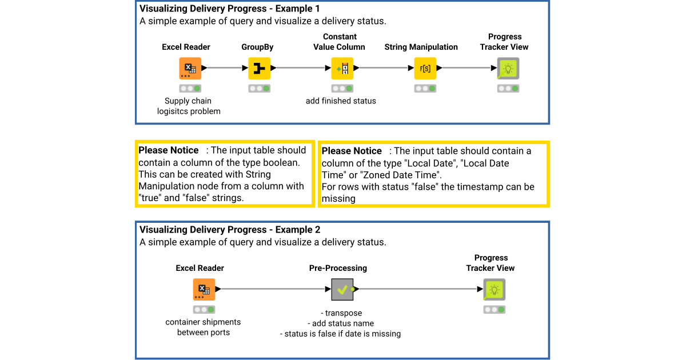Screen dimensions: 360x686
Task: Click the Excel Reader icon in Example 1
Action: pos(190,69)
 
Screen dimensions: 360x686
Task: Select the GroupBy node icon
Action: pos(259,69)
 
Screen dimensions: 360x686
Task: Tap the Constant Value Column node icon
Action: pos(342,69)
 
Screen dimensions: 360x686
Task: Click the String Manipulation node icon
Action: pos(425,69)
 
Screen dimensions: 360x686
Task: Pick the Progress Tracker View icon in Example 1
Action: pos(508,69)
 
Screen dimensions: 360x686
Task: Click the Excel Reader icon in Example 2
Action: pos(204,289)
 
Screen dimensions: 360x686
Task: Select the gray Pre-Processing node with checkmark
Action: pos(342,289)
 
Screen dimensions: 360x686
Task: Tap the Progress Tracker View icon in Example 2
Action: pos(494,289)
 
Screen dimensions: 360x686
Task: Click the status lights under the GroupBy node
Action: pos(259,89)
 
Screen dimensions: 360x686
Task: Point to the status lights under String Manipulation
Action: pos(425,89)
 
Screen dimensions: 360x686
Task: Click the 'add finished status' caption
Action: pos(341,101)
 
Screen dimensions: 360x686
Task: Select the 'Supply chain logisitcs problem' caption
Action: pos(189,106)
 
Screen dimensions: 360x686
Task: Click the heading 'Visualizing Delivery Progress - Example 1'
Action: pos(230,9)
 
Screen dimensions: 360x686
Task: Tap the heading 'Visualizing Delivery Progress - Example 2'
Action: pos(230,230)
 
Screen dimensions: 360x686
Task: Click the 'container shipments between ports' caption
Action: pos(203,327)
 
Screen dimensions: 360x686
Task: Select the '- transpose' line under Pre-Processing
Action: pos(341,313)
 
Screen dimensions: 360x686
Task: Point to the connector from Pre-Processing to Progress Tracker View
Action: pos(417,289)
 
